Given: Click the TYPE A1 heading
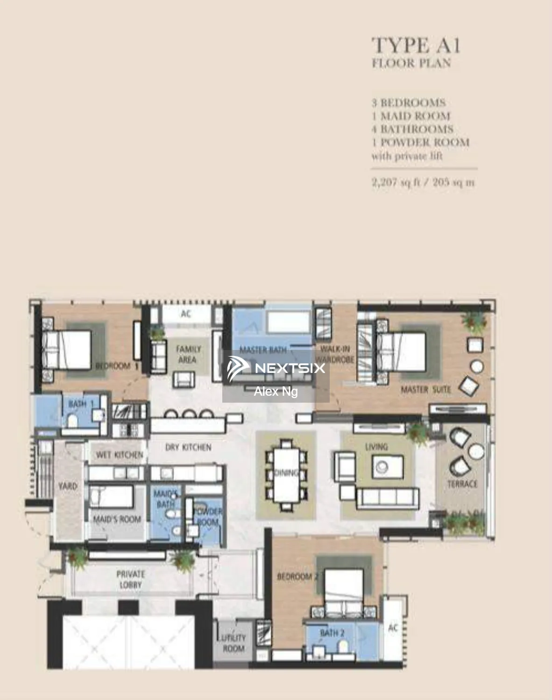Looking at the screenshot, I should point(416,46).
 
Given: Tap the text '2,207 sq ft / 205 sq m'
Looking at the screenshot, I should point(423,182).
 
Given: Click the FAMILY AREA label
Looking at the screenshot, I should point(188,354).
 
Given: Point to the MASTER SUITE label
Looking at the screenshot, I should point(425,389).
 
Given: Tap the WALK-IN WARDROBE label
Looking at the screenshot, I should point(336,354).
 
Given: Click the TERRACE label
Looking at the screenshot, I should point(462,484).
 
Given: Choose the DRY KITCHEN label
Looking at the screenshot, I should point(188,447).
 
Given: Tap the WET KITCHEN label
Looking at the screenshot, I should point(119,455).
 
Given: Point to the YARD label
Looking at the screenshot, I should point(68,486).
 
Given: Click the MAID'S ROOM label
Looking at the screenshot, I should point(117,519).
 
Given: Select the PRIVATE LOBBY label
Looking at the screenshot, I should point(130,579).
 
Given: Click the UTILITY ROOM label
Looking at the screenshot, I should point(233,643).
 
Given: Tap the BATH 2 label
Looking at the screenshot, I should point(332,633).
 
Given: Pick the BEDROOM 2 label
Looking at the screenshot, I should point(297,577).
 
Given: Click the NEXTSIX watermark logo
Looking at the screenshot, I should point(276,368).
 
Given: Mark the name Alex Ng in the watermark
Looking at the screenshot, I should point(276,392).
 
